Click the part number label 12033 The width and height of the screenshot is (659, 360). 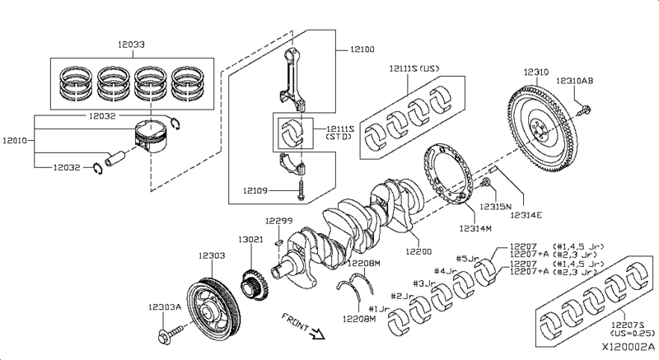(131, 44)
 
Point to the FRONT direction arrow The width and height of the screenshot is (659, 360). (317, 334)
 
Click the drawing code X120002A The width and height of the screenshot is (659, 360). (629, 348)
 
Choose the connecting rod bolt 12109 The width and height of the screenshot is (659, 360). (301, 191)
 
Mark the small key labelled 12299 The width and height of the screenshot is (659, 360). (278, 241)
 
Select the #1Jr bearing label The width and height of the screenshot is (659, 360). (379, 309)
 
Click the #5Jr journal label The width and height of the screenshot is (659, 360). (467, 259)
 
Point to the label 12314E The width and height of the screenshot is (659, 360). (526, 215)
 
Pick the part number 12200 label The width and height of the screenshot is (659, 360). (418, 251)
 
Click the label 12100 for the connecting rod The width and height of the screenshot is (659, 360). (362, 49)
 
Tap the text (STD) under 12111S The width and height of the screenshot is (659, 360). (339, 137)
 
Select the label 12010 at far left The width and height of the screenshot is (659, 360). (15, 140)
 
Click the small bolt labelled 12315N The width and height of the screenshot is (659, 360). (486, 183)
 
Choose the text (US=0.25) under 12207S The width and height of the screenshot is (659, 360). (632, 333)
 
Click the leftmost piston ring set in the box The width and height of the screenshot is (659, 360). (77, 83)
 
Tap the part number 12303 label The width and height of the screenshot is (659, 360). (212, 255)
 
